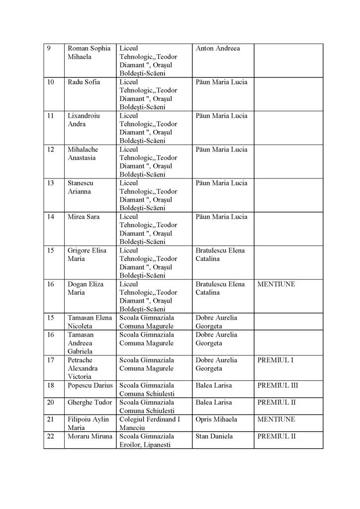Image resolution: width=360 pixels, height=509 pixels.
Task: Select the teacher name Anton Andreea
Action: point(218,49)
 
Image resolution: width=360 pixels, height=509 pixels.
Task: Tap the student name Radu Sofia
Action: point(84,82)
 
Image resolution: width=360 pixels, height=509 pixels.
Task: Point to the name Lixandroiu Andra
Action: point(84,120)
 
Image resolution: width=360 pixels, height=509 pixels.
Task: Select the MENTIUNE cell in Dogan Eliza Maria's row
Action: point(276,285)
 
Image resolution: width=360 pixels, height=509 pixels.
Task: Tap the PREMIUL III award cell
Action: point(277,385)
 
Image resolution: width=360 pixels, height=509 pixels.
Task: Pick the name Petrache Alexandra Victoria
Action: point(83,368)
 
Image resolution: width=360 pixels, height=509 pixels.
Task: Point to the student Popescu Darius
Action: point(90,385)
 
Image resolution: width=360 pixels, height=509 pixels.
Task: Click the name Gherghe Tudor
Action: point(90,402)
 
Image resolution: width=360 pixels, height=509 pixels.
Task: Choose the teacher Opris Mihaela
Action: point(216,419)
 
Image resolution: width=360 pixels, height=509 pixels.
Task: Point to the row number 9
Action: point(48,49)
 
